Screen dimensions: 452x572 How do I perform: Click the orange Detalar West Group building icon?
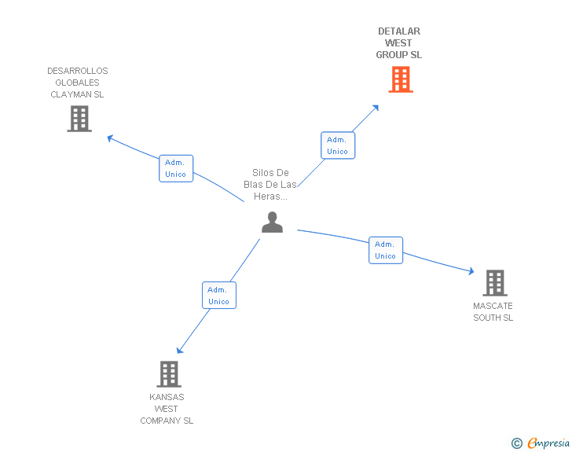[400, 79]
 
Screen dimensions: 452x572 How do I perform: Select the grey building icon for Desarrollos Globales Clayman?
[79, 119]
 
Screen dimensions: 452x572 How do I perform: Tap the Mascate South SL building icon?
[494, 283]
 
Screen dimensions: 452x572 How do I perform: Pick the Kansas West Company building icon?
[169, 374]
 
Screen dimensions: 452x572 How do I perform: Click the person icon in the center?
[272, 222]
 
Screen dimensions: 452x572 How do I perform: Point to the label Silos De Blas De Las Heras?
[270, 185]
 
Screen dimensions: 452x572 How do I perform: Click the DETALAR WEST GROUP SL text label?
[398, 43]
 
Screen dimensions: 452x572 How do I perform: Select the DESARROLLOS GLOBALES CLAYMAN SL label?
[77, 83]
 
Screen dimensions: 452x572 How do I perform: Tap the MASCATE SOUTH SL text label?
[493, 311]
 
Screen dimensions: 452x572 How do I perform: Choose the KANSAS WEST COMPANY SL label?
[167, 409]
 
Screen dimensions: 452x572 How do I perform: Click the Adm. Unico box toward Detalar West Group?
[337, 145]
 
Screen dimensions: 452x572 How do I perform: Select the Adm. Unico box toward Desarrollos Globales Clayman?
[176, 168]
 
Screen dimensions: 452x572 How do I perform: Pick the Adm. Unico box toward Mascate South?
[385, 250]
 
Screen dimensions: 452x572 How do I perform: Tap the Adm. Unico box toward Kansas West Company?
[218, 296]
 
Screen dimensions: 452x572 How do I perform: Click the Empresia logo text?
[548, 443]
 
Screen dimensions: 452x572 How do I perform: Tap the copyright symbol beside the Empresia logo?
[516, 444]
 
